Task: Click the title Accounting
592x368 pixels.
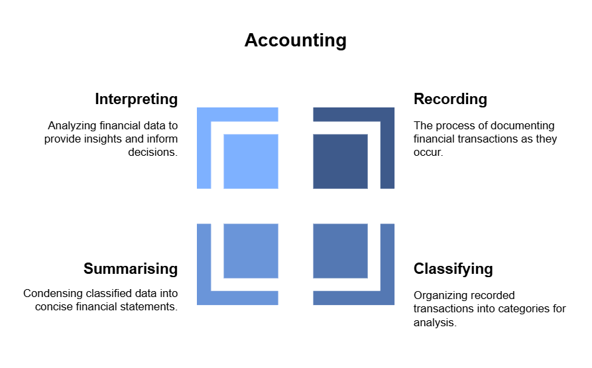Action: (295, 40)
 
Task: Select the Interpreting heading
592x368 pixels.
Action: (136, 99)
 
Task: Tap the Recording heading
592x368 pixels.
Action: (450, 99)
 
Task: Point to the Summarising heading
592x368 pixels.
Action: (131, 269)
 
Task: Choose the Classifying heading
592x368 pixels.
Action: (453, 269)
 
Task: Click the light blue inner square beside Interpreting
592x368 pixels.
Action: (251, 161)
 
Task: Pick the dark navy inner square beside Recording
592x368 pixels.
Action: (340, 161)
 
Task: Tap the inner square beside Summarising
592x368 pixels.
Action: (251, 251)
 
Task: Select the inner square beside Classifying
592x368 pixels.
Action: (340, 251)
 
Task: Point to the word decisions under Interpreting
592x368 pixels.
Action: (152, 152)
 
